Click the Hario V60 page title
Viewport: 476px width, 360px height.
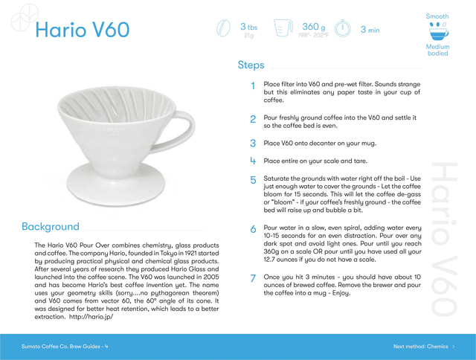click(83, 30)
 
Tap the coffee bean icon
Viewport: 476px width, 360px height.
click(223, 28)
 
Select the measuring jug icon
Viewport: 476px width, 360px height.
click(283, 28)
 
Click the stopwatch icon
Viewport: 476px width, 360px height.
click(343, 28)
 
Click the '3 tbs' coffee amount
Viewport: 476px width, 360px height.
click(248, 27)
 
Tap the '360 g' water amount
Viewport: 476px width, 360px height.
click(314, 27)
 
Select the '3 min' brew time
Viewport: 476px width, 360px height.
click(370, 30)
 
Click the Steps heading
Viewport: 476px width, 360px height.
click(251, 65)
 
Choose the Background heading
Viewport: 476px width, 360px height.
click(51, 226)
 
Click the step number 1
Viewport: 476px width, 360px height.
click(253, 86)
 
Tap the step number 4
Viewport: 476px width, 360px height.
click(253, 161)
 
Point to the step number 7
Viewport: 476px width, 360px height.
click(253, 278)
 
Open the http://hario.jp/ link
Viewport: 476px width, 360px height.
click(91, 317)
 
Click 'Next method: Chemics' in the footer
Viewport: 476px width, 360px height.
click(420, 347)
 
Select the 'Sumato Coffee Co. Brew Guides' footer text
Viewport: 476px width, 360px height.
click(61, 347)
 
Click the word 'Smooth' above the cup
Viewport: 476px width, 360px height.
click(437, 16)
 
